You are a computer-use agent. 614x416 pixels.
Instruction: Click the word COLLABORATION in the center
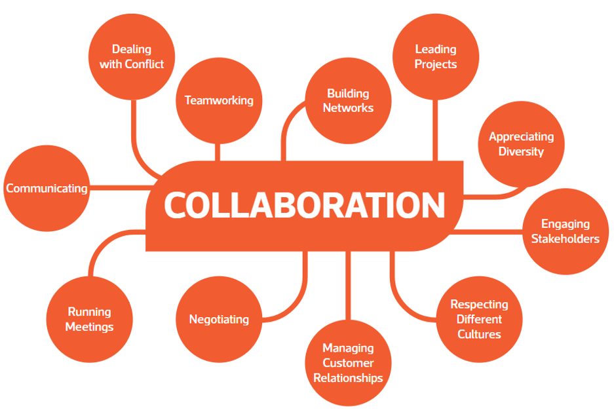305,205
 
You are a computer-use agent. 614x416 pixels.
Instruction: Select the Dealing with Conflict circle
132,57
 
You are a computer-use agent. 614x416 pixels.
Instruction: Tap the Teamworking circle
219,101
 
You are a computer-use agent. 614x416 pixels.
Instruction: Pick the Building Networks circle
348,101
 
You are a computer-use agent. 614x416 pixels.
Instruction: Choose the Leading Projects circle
436,57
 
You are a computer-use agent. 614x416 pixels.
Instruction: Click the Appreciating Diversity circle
521,144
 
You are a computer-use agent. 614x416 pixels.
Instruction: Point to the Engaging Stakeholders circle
566,231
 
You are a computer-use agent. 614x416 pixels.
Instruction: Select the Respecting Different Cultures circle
479,319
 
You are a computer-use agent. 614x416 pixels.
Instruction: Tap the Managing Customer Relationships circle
348,363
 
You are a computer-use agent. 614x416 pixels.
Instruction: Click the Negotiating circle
219,319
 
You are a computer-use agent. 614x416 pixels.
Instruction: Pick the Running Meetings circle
89,319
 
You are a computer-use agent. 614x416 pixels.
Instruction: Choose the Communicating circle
47,188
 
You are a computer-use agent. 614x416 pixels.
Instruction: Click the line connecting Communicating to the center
121,188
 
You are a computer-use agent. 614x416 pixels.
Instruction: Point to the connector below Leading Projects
435,130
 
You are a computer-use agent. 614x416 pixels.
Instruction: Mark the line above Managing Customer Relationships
348,286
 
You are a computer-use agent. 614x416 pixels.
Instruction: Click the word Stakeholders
566,238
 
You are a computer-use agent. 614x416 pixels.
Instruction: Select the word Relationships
348,378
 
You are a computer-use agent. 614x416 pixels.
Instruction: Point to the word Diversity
521,151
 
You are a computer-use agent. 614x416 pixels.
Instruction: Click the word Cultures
479,334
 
